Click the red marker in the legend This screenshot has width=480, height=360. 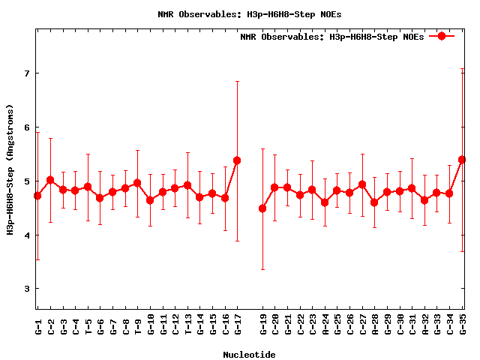click(442, 36)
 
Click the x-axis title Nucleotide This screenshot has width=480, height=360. click(249, 354)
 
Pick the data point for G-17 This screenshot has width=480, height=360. click(237, 160)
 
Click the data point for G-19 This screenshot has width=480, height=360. click(262, 208)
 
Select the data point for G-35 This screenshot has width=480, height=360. click(462, 160)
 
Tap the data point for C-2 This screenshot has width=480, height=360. click(50, 180)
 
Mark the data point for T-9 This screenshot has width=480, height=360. click(137, 183)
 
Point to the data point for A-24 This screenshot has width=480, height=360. click(325, 202)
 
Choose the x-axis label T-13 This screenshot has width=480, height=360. click(187, 325)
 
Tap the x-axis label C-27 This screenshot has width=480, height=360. click(362, 325)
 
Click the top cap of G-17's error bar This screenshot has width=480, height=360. click(237, 81)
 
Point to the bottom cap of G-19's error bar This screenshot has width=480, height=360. click(262, 269)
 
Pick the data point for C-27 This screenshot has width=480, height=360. click(362, 184)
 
